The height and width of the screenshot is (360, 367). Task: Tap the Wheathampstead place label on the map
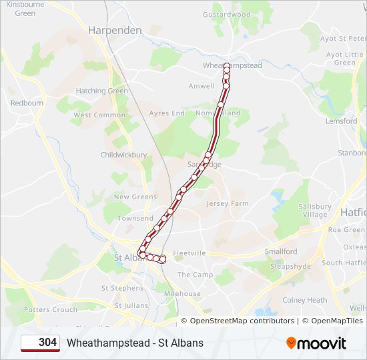click(232, 66)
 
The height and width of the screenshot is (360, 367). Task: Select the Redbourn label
click(27, 103)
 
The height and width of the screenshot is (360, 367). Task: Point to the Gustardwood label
click(226, 15)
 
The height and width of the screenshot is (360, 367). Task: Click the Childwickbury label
click(123, 155)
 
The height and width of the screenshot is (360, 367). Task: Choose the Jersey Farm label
click(228, 203)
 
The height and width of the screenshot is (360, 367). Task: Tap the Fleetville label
click(190, 253)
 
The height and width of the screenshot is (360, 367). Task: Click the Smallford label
click(281, 251)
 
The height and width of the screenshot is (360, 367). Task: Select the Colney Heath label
click(304, 300)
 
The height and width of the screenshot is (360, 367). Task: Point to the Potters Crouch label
click(51, 309)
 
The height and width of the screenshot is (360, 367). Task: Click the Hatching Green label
click(101, 91)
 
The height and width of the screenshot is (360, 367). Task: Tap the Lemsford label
click(341, 121)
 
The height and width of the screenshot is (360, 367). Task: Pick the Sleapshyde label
click(290, 266)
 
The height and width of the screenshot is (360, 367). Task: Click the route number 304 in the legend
click(47, 343)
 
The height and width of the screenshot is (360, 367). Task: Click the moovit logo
click(316, 343)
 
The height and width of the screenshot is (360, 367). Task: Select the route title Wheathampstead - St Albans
click(135, 343)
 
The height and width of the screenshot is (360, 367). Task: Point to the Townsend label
click(135, 218)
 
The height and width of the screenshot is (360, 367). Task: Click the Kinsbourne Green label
click(25, 9)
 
